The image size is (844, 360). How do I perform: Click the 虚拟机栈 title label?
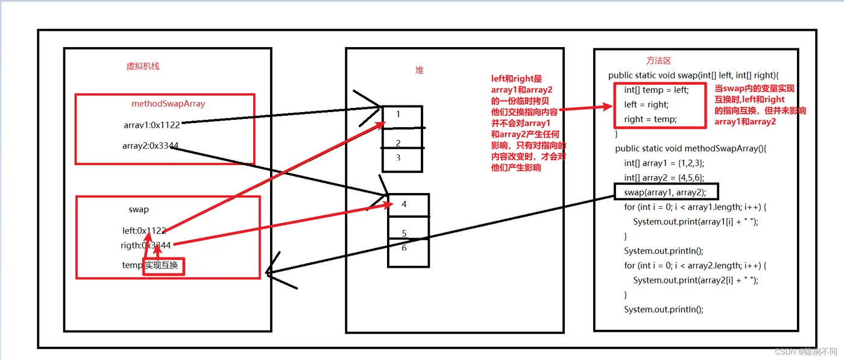142,66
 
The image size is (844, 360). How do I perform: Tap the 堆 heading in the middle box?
420,70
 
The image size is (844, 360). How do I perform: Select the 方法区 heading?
658,60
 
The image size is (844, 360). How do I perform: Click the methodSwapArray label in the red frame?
168,104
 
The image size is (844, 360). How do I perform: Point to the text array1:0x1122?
151,125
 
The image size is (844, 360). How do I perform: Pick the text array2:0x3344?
150,146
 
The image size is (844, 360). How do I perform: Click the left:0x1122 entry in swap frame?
144,230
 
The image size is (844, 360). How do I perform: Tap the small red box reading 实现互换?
163,266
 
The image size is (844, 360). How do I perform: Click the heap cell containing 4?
408,204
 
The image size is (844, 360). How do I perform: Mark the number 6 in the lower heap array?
404,248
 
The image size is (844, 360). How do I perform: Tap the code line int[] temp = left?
656,90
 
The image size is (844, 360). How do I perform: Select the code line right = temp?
650,119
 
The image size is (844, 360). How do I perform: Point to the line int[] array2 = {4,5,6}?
664,178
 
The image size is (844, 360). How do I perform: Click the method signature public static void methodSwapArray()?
690,148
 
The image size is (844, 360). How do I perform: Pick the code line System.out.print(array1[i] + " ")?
695,221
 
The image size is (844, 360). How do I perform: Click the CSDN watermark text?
805,352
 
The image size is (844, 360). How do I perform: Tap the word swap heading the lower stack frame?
139,210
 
